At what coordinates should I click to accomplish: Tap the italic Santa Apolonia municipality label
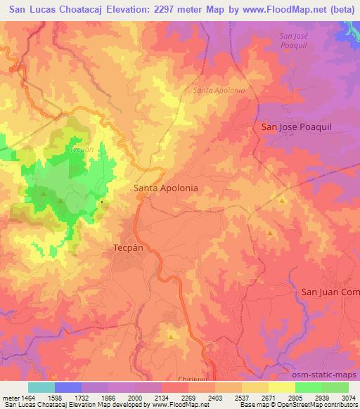(219, 91)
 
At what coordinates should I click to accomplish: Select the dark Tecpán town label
(129, 248)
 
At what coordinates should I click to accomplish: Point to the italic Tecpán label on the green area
(82, 150)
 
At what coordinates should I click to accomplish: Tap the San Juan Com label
(330, 292)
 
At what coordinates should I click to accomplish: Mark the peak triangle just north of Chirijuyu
(171, 337)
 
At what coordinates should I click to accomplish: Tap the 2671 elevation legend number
(268, 398)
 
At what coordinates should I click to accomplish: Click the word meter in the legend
(9, 398)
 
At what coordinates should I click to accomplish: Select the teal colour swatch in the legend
(41, 387)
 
